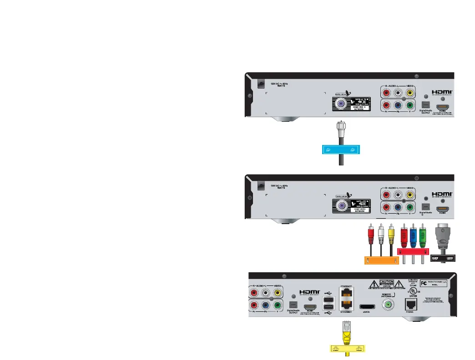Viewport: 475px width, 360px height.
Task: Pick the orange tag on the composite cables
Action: click(381, 260)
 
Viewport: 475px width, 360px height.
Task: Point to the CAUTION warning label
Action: click(386, 284)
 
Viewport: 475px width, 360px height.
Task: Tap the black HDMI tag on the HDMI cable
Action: click(443, 258)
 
